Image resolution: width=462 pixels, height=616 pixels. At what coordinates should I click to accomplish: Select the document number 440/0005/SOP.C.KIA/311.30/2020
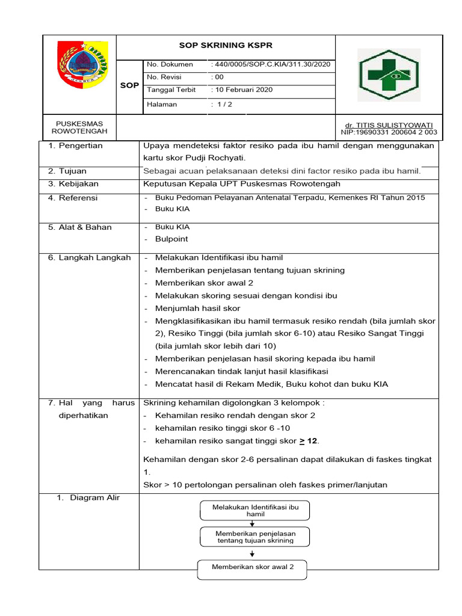click(271, 64)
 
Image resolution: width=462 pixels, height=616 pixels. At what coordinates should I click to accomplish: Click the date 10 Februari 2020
click(242, 90)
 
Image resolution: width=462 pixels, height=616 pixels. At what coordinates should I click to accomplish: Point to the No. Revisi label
click(164, 77)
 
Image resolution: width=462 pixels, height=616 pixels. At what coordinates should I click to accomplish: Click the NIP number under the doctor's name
click(389, 132)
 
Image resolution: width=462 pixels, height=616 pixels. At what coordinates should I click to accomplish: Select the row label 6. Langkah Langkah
click(89, 257)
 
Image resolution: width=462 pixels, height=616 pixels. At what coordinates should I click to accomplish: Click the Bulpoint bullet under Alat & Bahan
click(171, 239)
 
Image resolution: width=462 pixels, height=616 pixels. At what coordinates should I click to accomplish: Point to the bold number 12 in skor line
click(311, 441)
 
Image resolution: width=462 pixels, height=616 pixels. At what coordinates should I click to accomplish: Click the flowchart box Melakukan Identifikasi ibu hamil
click(255, 511)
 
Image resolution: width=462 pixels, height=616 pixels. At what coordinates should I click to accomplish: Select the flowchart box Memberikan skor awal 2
click(253, 567)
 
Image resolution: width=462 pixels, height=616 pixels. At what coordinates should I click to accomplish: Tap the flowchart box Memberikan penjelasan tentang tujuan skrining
click(255, 537)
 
